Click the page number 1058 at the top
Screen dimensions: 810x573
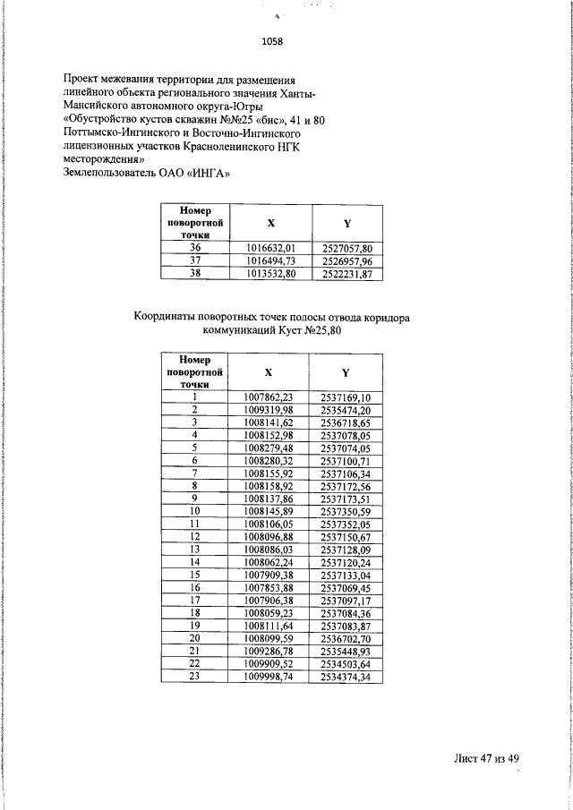(271, 41)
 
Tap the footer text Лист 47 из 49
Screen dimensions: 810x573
(485, 759)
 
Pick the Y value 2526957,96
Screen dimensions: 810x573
(346, 261)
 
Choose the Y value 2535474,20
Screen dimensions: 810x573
(345, 410)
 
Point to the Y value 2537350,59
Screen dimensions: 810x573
(345, 511)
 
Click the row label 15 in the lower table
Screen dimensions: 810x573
(194, 575)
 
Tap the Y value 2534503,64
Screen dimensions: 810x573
(345, 664)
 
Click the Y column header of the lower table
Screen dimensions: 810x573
(345, 371)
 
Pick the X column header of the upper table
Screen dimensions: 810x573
(270, 222)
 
